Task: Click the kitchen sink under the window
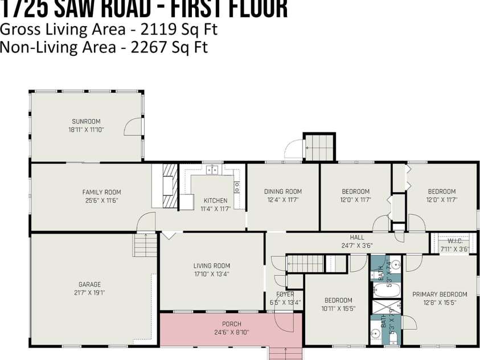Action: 213,170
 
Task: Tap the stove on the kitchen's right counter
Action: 237,185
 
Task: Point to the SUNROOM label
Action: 86,121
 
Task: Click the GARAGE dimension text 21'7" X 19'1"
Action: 89,293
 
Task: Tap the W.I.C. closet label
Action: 454,241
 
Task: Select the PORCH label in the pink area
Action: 231,324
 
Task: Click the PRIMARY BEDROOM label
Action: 440,294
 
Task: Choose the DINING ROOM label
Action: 283,191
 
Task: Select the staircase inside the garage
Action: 145,247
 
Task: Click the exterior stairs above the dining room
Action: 319,147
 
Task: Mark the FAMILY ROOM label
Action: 101,192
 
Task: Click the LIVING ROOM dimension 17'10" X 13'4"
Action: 211,274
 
